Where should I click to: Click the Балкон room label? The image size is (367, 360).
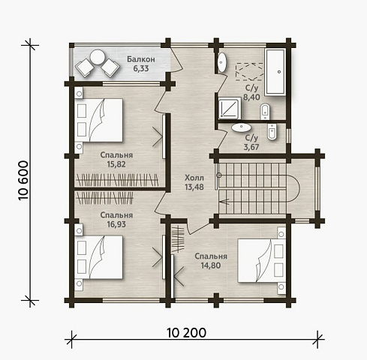pyautogui.click(x=141, y=59)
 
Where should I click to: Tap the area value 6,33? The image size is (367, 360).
pyautogui.click(x=141, y=68)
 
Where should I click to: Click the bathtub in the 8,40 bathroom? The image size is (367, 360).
pyautogui.click(x=275, y=72)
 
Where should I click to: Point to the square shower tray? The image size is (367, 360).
pyautogui.click(x=230, y=108)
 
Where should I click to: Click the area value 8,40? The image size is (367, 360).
pyautogui.click(x=251, y=97)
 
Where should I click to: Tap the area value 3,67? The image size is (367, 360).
pyautogui.click(x=251, y=147)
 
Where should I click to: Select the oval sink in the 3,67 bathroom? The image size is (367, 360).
pyautogui.click(x=241, y=127)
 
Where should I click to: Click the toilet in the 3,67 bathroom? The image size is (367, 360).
pyautogui.click(x=272, y=132)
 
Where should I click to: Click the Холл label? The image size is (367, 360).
pyautogui.click(x=194, y=178)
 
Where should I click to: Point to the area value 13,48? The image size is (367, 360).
pyautogui.click(x=194, y=187)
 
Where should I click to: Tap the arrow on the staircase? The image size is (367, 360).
pyautogui.click(x=224, y=201)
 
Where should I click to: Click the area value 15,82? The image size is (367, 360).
pyautogui.click(x=116, y=164)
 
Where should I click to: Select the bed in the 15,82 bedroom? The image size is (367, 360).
pyautogui.click(x=98, y=120)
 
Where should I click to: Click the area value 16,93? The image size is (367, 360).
pyautogui.click(x=116, y=224)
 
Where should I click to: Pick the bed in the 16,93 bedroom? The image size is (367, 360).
pyautogui.click(x=98, y=257)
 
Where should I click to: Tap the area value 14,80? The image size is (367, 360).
pyautogui.click(x=211, y=265)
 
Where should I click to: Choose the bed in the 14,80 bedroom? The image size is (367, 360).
pyautogui.click(x=262, y=261)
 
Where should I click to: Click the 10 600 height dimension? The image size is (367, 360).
pyautogui.click(x=23, y=180)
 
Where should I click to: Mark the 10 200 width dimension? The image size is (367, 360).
pyautogui.click(x=186, y=333)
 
